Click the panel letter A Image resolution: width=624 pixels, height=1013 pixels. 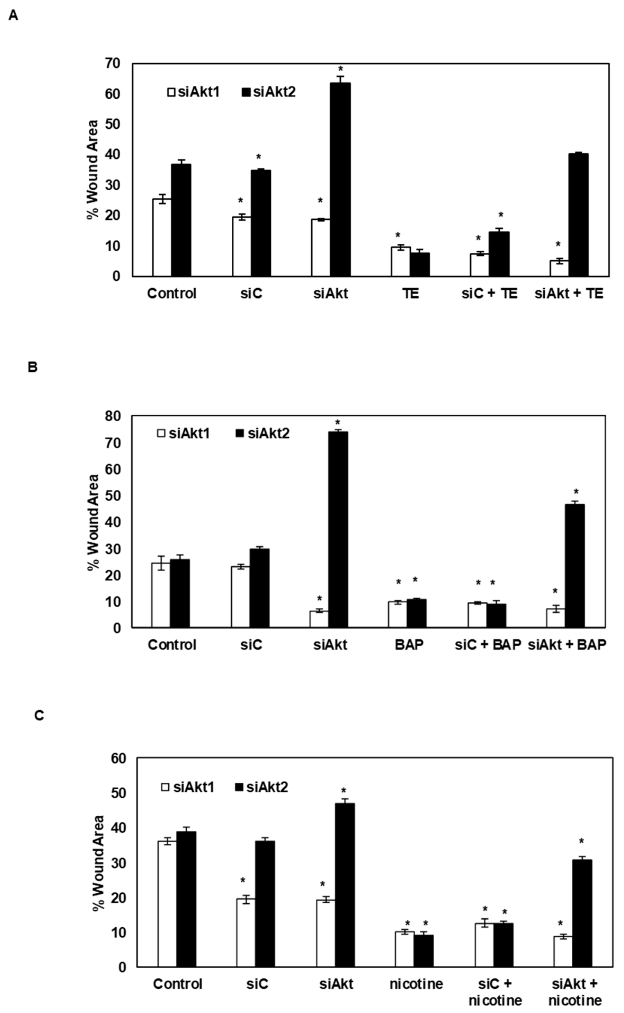point(13,16)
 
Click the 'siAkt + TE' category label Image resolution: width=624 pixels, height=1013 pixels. point(569,294)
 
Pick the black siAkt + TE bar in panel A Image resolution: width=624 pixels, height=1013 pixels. point(578,215)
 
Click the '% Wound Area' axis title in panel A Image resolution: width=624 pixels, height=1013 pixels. point(93,169)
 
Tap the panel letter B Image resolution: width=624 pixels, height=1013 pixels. point(33,367)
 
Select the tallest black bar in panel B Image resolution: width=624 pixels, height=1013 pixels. point(337,529)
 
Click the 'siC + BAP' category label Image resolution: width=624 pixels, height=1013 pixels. point(488,645)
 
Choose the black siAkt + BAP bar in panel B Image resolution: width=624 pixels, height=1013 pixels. point(574,566)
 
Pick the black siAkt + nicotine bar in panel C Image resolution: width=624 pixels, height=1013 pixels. point(582,914)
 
